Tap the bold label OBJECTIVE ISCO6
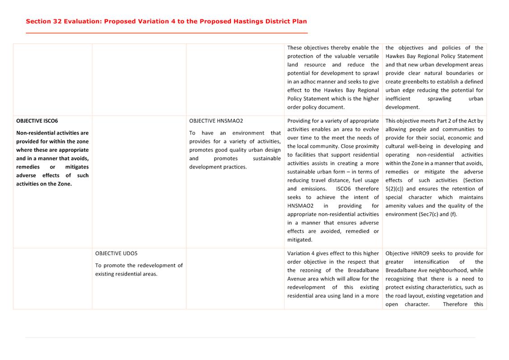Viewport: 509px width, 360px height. tap(37, 121)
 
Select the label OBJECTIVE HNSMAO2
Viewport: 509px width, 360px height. tap(216, 121)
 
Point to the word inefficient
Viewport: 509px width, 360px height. tap(398, 98)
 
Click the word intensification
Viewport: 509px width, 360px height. tap(431, 262)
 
